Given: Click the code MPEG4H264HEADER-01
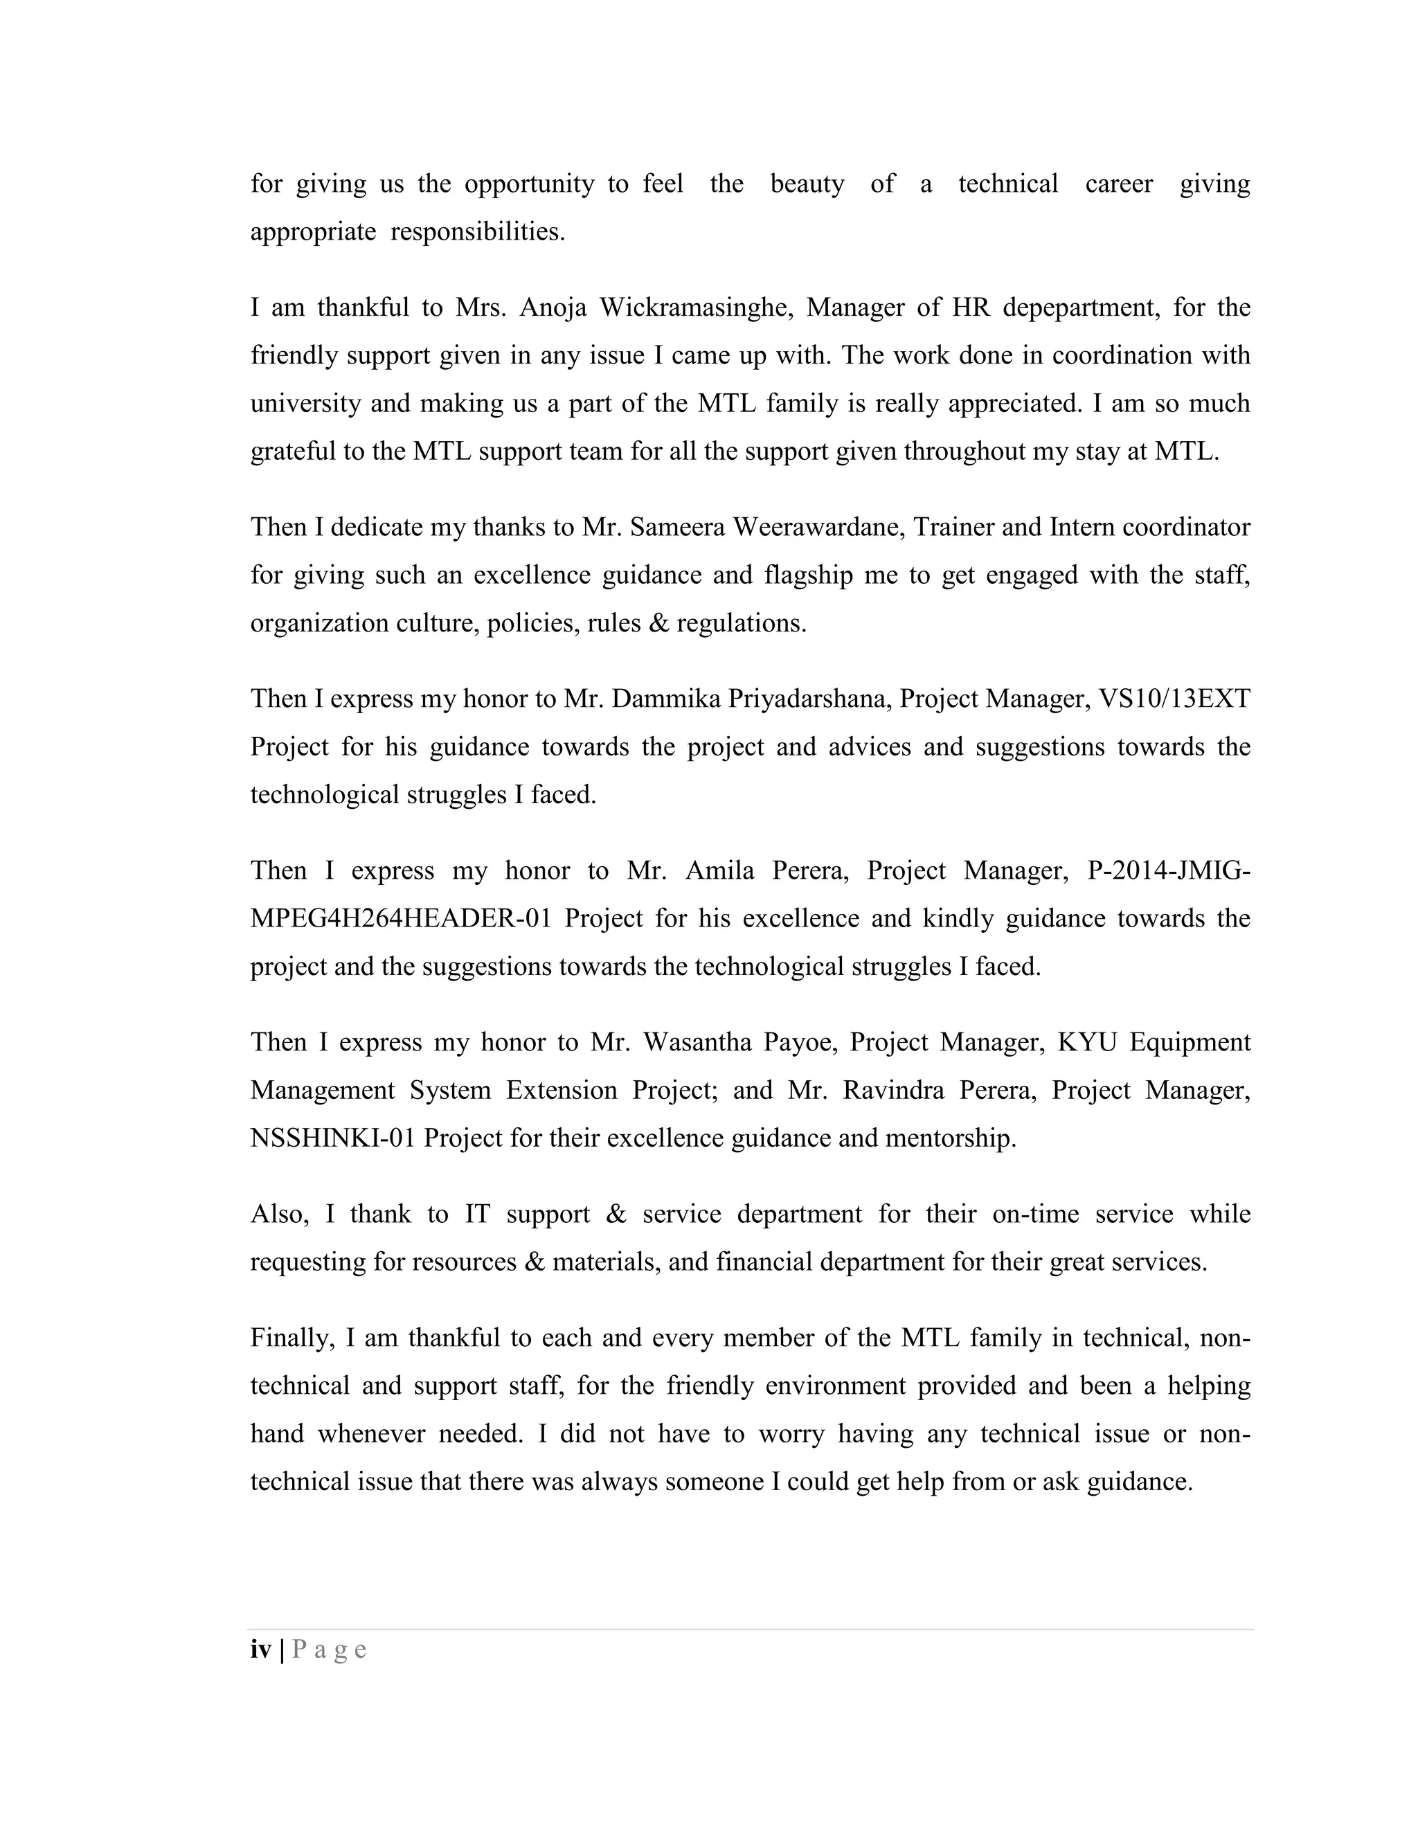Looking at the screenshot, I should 401,918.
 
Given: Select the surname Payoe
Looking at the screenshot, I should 799,1043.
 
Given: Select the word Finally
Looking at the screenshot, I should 292,1339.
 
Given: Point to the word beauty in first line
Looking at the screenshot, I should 807,184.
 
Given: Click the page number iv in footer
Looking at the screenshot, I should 260,1650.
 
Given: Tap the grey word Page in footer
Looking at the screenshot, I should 330,1650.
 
